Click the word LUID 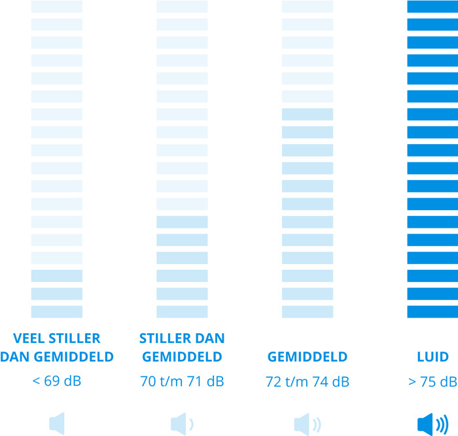[x=432, y=357]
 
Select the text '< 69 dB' [x=57, y=381]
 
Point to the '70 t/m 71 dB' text [x=182, y=381]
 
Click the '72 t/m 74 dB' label [x=308, y=382]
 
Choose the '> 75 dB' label [x=432, y=382]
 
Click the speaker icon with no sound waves [x=57, y=424]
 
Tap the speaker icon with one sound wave [x=182, y=424]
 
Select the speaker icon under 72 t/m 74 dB [x=308, y=424]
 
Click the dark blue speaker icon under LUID [x=432, y=425]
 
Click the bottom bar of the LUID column [x=432, y=312]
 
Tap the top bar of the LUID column [x=432, y=7]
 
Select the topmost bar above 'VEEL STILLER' [x=57, y=7]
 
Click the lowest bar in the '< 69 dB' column [x=57, y=312]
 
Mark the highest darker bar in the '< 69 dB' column [x=57, y=276]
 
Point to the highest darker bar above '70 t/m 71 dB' [x=182, y=222]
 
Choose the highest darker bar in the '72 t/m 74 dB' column [x=308, y=115]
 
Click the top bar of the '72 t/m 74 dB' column [x=308, y=7]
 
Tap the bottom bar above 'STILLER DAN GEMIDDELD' [x=182, y=312]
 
